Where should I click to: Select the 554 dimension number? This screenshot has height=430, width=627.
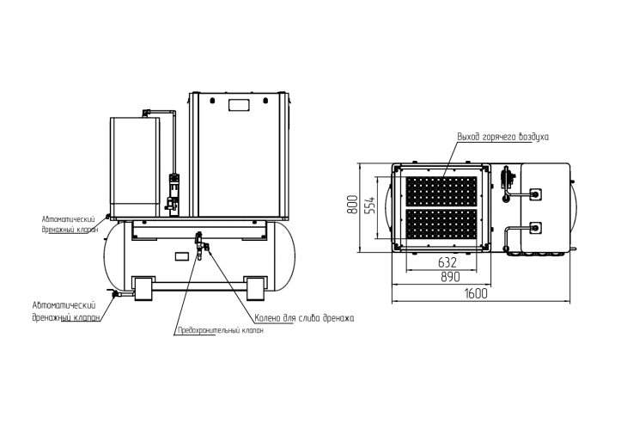point(371,206)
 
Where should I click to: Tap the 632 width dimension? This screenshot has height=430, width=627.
point(447,262)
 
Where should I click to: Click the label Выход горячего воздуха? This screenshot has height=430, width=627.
point(502,137)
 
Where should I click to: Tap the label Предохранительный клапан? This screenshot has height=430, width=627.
point(214,330)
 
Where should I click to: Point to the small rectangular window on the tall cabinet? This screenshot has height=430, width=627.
point(238,105)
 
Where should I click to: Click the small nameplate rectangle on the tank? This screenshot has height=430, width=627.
point(180,256)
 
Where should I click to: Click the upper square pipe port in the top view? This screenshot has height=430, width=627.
point(536,194)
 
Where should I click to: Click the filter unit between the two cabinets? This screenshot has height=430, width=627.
point(172,193)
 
